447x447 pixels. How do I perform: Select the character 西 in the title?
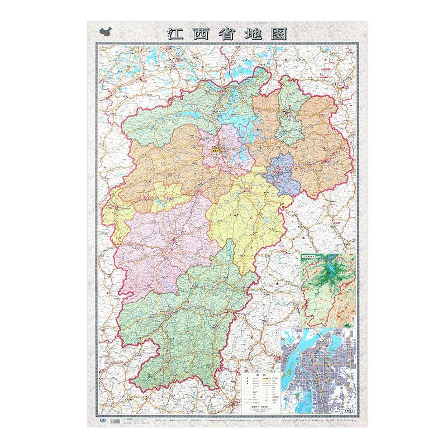tap(201, 34)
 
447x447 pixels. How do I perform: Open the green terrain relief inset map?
tap(328, 291)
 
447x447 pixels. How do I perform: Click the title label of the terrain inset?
tap(311, 257)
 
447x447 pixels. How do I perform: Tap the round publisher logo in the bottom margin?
tap(102, 419)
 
